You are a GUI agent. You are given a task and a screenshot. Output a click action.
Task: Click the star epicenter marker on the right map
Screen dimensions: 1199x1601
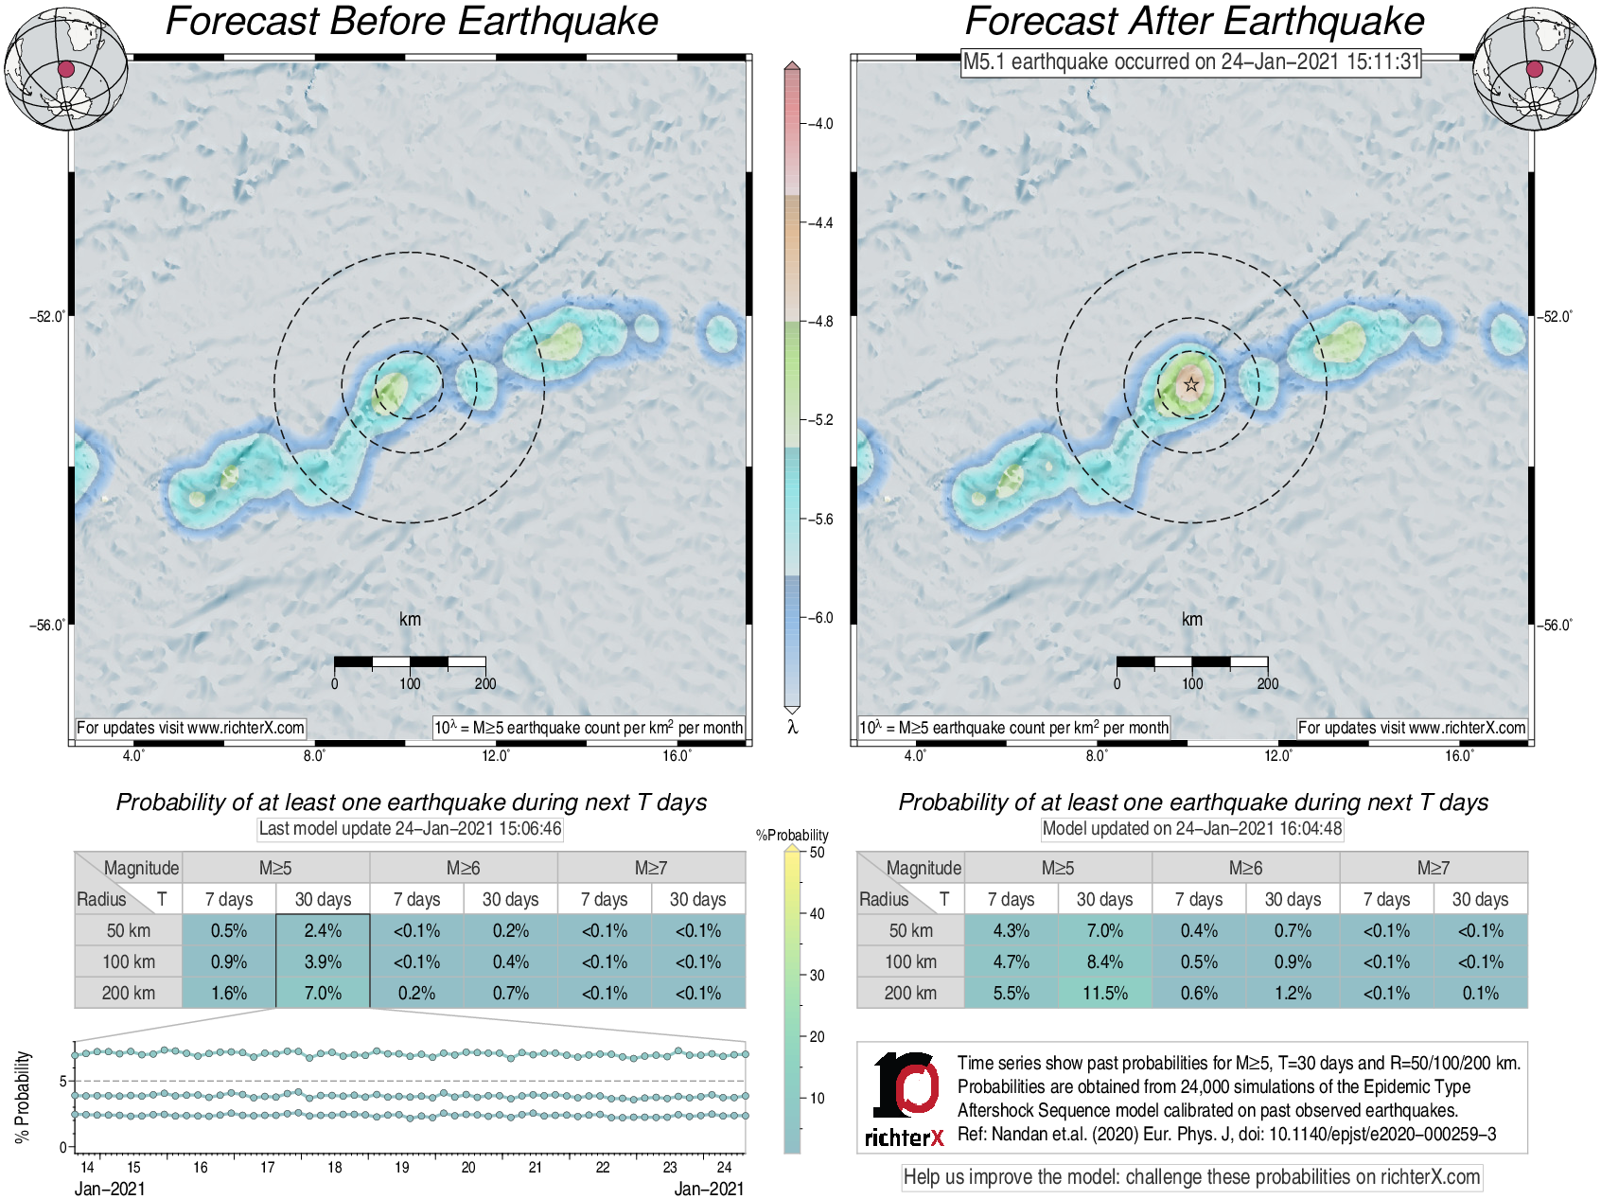(x=1191, y=384)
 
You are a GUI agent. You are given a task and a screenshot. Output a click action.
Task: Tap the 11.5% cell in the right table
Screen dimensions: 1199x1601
(x=1104, y=993)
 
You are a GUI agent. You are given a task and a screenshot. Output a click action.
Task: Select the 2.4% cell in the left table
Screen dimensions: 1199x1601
(x=323, y=930)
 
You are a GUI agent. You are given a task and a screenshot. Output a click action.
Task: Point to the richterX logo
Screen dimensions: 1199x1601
(x=905, y=1099)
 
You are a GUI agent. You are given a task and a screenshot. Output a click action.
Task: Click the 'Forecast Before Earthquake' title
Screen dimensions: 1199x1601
(x=412, y=22)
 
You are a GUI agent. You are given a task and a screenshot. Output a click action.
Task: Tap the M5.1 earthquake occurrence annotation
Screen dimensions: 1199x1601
(x=1191, y=62)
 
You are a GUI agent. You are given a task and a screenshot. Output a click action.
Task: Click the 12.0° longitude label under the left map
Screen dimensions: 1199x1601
(x=496, y=755)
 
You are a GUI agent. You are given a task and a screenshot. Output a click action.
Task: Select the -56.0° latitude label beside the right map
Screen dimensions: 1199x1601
(x=1556, y=626)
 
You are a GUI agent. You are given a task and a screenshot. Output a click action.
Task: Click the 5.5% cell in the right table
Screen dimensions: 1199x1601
(x=1011, y=993)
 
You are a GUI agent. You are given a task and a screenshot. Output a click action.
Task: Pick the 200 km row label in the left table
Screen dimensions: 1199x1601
(x=128, y=993)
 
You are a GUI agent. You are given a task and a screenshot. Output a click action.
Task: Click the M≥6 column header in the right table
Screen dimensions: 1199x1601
(x=1245, y=868)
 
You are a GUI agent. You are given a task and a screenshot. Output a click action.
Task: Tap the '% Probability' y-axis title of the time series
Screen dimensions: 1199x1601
(x=23, y=1097)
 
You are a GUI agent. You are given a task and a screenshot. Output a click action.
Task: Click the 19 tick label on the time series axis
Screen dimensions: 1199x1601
(x=402, y=1168)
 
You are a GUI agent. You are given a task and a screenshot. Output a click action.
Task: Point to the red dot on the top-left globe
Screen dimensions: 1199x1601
(x=65, y=69)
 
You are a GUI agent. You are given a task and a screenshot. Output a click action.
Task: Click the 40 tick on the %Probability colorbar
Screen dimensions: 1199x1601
(x=817, y=913)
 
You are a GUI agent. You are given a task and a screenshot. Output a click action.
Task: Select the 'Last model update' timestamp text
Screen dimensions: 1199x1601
(x=411, y=829)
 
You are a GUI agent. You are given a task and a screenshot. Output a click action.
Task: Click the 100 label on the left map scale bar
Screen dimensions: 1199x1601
(x=410, y=683)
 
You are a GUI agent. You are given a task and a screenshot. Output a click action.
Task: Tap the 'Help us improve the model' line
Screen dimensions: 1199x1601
(x=1191, y=1177)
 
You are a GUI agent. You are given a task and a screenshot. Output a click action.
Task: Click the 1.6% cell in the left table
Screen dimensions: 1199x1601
(x=229, y=993)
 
